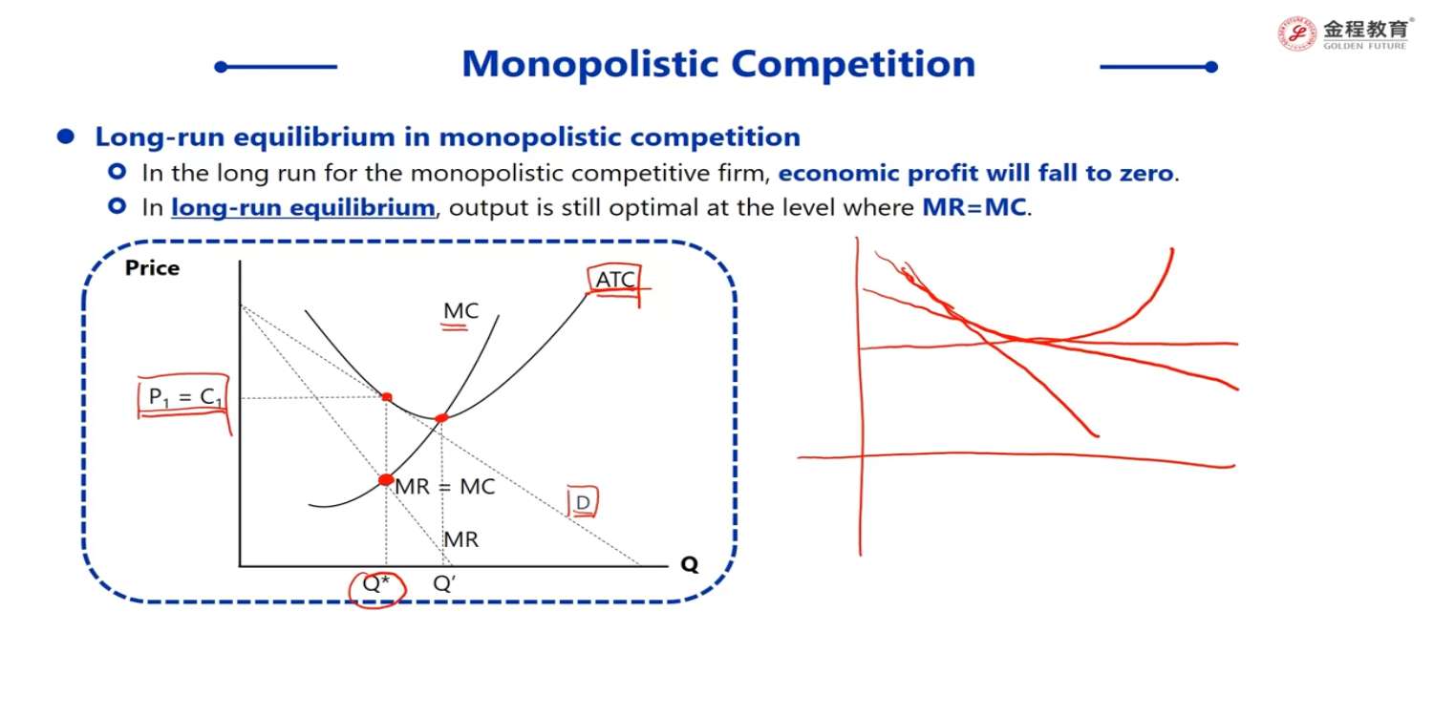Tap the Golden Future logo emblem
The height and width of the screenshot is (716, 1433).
point(1296,33)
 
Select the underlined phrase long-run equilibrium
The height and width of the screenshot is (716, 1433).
point(303,208)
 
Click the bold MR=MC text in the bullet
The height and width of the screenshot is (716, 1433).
point(974,207)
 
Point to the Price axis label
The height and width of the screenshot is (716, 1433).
point(152,268)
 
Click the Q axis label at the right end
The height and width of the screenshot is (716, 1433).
point(690,564)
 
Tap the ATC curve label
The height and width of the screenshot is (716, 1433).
point(615,280)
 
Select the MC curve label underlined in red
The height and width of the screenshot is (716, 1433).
point(460,310)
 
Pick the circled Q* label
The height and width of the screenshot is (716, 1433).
point(375,583)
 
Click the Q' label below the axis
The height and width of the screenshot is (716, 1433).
point(444,583)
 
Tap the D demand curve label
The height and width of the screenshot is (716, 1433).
point(583,503)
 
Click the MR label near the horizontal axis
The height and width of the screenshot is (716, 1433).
point(460,539)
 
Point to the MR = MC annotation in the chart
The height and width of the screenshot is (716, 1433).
point(445,487)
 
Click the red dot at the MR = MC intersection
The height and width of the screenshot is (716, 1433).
point(386,479)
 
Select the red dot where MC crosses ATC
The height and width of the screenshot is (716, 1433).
point(441,418)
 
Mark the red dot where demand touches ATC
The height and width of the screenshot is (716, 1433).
point(387,397)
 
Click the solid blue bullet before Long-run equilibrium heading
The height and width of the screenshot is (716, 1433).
point(65,137)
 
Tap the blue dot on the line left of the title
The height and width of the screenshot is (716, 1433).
point(222,67)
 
